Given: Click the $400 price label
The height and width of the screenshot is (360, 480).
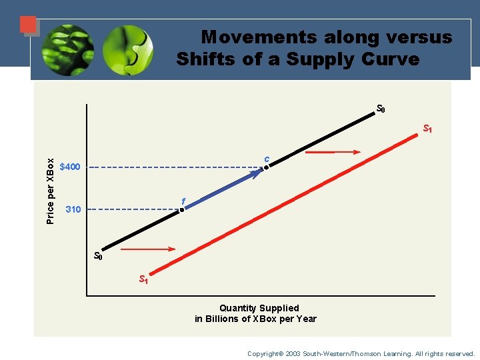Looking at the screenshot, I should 70,167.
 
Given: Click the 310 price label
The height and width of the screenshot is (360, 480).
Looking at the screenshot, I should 73,209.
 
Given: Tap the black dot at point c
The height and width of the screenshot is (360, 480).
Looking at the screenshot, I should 265,167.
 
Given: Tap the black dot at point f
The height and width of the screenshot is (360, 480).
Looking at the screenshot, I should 181,209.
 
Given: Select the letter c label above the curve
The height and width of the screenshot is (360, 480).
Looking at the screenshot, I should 266,159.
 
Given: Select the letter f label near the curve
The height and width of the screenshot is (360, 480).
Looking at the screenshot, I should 183,201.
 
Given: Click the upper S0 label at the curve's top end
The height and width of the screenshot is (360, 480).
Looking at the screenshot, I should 381,109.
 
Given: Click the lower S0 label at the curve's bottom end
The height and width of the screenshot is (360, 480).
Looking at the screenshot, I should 98,256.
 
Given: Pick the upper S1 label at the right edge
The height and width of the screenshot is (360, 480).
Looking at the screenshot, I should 428,129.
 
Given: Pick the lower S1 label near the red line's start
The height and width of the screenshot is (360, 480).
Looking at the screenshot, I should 143,279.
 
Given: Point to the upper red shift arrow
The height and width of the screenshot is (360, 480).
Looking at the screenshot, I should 332,153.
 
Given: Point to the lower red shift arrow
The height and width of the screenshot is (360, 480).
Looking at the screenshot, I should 148,249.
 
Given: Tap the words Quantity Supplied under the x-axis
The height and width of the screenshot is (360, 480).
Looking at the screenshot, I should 259,308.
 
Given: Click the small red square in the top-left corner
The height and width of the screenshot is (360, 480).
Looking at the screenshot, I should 28,25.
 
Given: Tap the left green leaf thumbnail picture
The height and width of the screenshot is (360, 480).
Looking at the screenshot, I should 67,50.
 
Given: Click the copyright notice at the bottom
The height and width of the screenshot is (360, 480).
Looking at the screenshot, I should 361,353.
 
